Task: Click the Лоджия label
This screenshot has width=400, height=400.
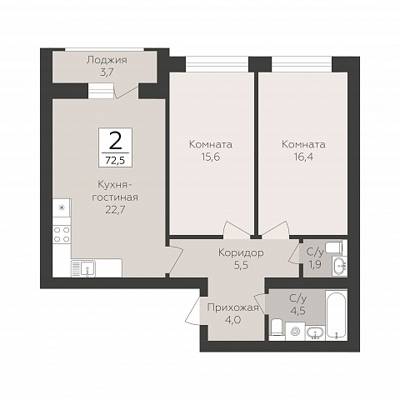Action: pos(107,60)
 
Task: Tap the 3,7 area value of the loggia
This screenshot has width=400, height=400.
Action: pos(107,72)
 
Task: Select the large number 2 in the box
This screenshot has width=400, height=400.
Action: pos(115,140)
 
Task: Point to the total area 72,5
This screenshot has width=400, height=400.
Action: pos(115,160)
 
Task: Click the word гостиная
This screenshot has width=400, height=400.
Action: pos(115,197)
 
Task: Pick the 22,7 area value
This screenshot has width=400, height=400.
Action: pos(115,210)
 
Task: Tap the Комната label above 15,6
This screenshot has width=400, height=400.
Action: pos(211,144)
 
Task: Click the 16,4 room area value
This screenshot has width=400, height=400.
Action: pos(303,157)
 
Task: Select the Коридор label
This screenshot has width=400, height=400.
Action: pos(241,252)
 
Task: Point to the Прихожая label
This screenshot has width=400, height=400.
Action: pos(233,307)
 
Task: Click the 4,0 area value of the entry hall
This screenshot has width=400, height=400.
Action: pos(232,320)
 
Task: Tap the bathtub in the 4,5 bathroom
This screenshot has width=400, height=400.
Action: pos(336,315)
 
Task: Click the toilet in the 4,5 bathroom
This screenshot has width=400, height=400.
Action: pos(277,329)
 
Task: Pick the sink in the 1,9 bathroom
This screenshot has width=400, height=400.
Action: pos(339,266)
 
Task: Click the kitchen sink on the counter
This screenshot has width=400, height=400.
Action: pos(83,268)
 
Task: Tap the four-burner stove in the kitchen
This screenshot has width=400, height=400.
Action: pos(62,235)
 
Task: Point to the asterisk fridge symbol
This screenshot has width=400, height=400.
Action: pos(62,207)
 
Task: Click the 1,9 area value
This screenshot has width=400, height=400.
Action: pos(314,264)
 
